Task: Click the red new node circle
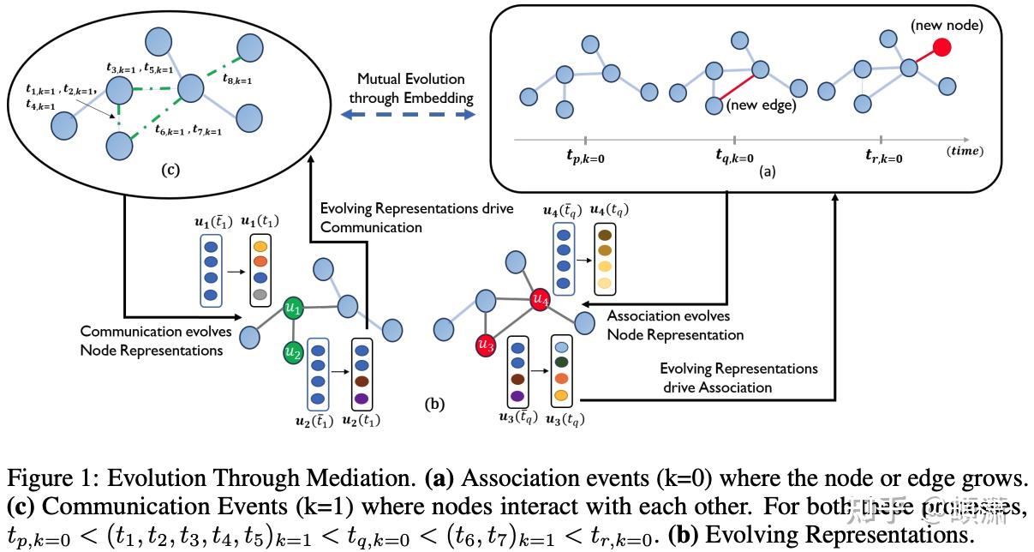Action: (943, 47)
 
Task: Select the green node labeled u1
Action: (293, 307)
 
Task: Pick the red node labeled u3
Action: (486, 346)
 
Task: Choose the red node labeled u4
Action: (540, 299)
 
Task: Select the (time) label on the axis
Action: (965, 151)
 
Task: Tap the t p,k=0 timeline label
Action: (583, 158)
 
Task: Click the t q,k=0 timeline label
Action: (734, 158)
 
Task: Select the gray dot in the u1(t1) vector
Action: (260, 294)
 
